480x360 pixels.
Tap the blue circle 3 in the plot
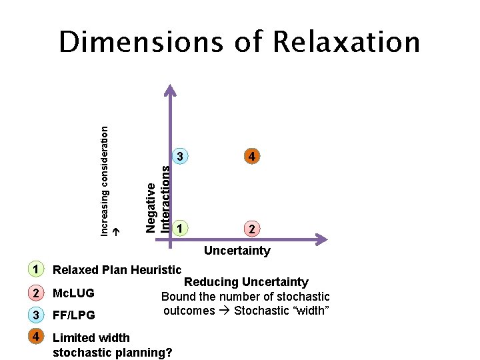(179, 157)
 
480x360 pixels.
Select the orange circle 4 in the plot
(251, 157)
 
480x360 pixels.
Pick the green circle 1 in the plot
(179, 229)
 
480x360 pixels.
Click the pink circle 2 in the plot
(251, 229)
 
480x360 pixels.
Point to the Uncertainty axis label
(237, 251)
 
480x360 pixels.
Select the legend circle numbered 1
(35, 269)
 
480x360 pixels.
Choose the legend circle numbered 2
(35, 293)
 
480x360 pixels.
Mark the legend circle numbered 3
(35, 315)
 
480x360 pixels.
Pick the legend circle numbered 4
(35, 337)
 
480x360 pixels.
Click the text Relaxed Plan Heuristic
(117, 270)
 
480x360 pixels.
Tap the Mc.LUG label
(73, 293)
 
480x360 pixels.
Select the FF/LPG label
(74, 315)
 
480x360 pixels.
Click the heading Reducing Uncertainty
(246, 283)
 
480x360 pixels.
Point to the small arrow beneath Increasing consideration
(115, 231)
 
